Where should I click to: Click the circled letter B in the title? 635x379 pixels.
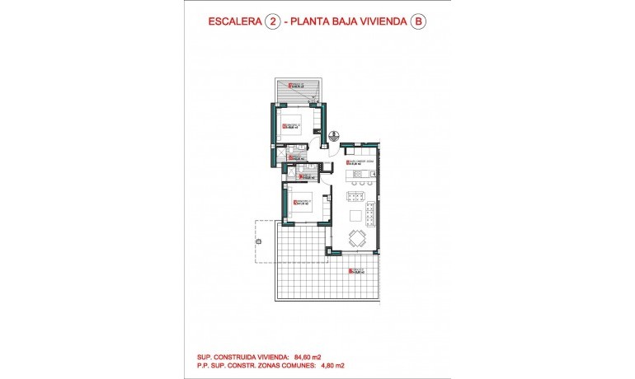[420, 23]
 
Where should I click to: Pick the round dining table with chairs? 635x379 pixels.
[357, 239]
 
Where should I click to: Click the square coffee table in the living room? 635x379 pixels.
[356, 216]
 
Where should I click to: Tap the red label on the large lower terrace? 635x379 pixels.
[355, 271]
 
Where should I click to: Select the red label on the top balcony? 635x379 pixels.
[290, 86]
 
